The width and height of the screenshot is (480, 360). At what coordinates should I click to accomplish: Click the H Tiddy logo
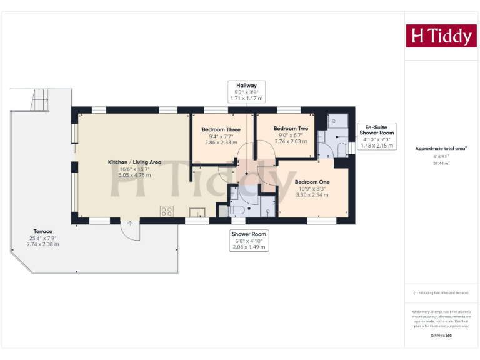point(441,36)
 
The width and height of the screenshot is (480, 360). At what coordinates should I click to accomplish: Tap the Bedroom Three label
point(217,130)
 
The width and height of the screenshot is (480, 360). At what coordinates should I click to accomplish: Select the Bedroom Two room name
point(291,128)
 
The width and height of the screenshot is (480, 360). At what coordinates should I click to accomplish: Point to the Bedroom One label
point(312,182)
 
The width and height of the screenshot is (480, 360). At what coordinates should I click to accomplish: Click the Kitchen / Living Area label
point(134,162)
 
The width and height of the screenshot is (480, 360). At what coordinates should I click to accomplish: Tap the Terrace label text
point(43,231)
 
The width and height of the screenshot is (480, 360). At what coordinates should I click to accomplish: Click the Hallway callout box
point(246,92)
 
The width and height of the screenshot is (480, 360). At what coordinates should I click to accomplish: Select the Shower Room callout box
point(249,241)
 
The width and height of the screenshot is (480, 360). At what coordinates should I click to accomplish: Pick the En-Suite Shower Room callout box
point(377,136)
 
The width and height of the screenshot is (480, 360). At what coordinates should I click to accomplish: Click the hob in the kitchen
point(167,211)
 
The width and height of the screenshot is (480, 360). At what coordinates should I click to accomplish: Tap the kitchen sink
point(197,212)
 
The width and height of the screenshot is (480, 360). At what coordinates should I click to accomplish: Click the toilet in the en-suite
point(341,148)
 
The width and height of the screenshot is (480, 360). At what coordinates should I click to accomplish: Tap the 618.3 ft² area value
point(441,156)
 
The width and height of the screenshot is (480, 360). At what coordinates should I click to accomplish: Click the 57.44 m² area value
point(441,163)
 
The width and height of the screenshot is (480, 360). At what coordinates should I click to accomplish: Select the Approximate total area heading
point(441,148)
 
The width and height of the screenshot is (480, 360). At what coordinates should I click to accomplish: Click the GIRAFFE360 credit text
point(441,336)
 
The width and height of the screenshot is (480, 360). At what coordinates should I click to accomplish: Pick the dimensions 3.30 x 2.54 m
point(312,195)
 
